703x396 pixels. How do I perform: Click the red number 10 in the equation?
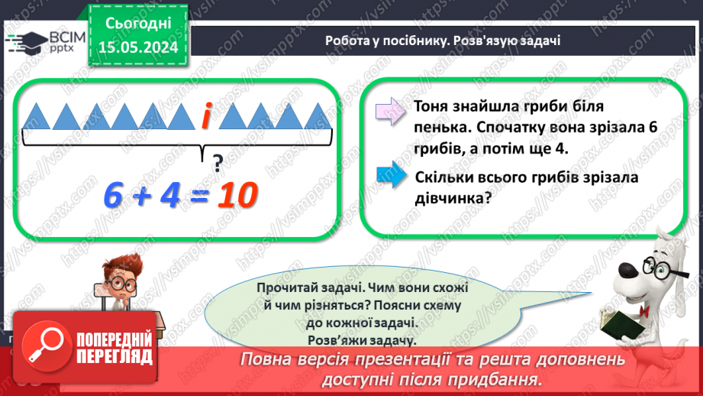tap(235, 196)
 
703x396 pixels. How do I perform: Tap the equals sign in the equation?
tap(198, 198)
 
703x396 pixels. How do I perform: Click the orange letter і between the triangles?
tap(206, 116)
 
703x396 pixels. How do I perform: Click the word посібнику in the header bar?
tap(428, 41)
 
